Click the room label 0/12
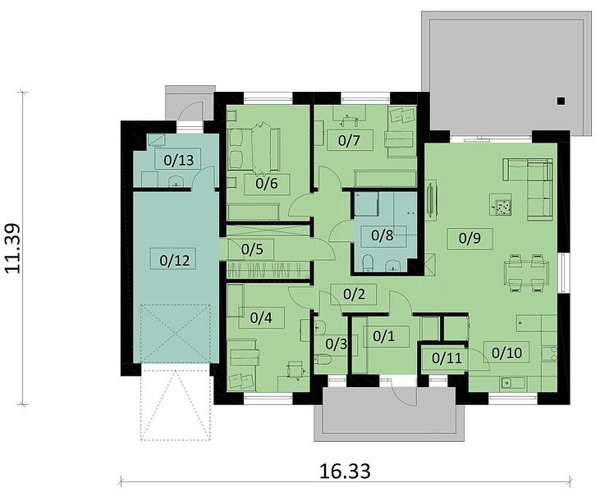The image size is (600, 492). click(x=175, y=260)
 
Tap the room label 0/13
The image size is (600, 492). click(x=178, y=160)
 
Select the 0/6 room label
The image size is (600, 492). click(x=266, y=184)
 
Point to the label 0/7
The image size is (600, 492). click(x=349, y=141)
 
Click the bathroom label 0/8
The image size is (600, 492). click(x=382, y=235)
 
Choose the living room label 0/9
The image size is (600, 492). click(x=469, y=239)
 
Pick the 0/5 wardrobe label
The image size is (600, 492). click(x=253, y=249)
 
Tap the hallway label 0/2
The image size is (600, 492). click(x=354, y=294)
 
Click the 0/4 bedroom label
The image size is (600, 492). click(x=261, y=317)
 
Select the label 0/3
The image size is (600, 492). click(x=337, y=344)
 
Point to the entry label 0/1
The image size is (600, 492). click(x=384, y=336)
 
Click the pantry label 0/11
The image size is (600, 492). click(x=447, y=358)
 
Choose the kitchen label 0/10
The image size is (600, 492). click(x=506, y=353)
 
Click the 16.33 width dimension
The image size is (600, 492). click(x=345, y=471)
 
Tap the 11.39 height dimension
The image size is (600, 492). click(x=12, y=248)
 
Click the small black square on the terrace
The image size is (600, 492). click(x=561, y=101)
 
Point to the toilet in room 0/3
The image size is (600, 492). click(x=323, y=360)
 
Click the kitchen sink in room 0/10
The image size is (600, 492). click(x=508, y=382)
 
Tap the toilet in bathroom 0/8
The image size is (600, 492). click(x=368, y=262)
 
